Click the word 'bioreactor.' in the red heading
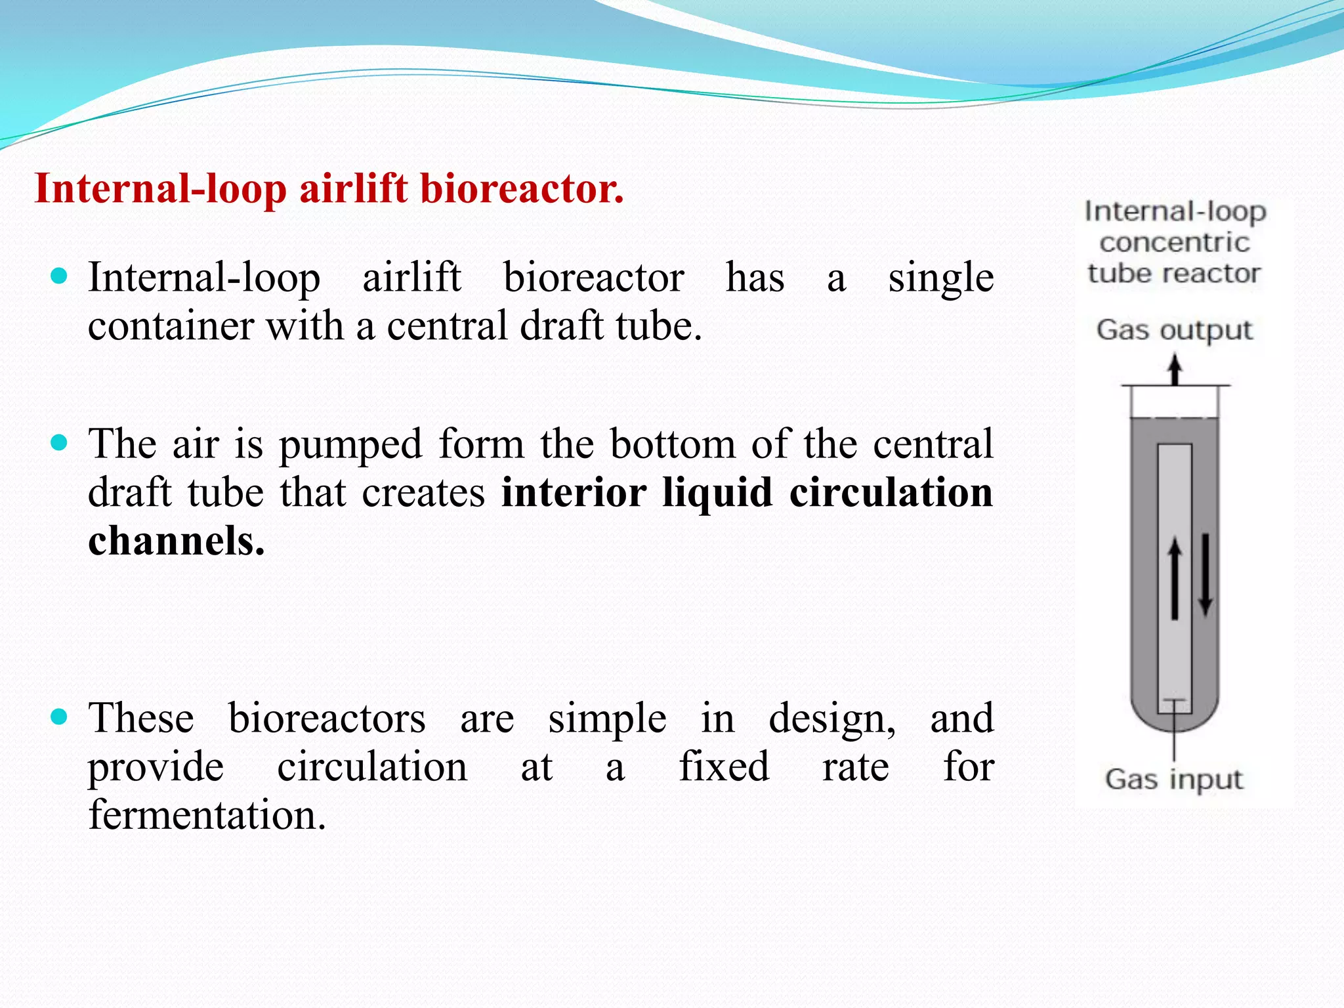pos(522,189)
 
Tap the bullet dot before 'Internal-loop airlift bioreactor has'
pos(59,276)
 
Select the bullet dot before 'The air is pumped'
pos(59,443)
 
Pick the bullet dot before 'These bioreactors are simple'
pos(59,716)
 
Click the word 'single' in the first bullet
pos(940,278)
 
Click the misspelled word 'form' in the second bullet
pos(481,444)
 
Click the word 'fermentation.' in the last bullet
pos(207,815)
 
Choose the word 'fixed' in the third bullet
pos(723,766)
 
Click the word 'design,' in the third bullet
pos(831,718)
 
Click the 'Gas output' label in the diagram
pos(1174,330)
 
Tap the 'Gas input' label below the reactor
pos(1173,780)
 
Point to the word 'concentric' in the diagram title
pos(1174,243)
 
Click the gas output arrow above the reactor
pos(1175,369)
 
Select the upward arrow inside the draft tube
pos(1175,577)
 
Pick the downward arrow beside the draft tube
pos(1205,575)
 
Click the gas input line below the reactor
pos(1174,742)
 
